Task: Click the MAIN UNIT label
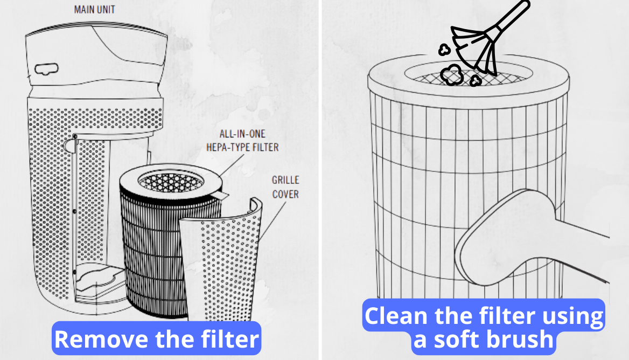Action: (94, 9)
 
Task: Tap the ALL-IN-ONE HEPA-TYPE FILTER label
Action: (242, 141)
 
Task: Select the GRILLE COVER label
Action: (285, 187)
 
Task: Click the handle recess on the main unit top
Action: (46, 69)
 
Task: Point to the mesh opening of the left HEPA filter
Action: (171, 182)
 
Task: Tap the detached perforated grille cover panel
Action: (221, 261)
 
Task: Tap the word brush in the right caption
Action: (520, 339)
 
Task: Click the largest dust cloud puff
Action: (452, 75)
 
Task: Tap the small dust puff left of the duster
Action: (444, 50)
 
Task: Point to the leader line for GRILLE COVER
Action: (273, 221)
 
